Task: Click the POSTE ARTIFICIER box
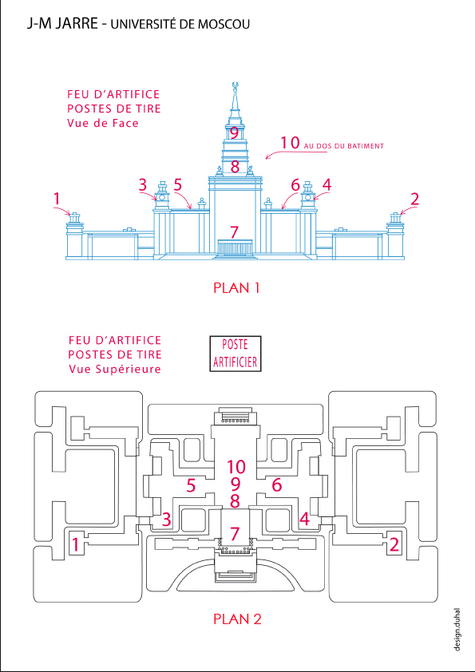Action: [x=235, y=353]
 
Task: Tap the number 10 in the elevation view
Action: [x=290, y=143]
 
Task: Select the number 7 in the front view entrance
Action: [x=234, y=232]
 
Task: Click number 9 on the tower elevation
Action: [x=234, y=132]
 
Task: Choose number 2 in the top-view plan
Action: [x=394, y=545]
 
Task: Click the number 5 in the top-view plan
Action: [x=192, y=485]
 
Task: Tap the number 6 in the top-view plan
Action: [x=277, y=485]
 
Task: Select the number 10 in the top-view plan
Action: [x=236, y=466]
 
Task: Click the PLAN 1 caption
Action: [x=236, y=288]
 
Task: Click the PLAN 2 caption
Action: [x=237, y=619]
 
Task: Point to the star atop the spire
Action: [x=234, y=85]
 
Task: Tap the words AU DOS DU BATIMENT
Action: [x=344, y=146]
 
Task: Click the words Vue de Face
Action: [x=103, y=124]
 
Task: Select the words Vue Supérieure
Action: [x=115, y=369]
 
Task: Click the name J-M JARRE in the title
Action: [x=62, y=24]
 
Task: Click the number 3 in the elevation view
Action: [x=143, y=185]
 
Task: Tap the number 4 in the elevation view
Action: [x=327, y=185]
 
